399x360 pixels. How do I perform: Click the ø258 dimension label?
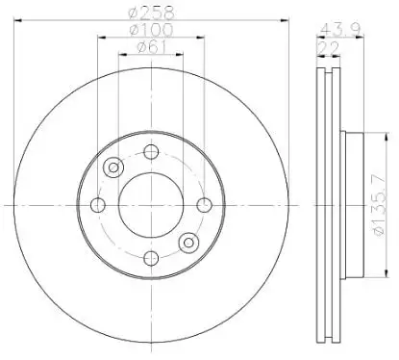pyautogui.click(x=151, y=13)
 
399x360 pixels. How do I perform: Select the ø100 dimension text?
pyautogui.click(x=151, y=30)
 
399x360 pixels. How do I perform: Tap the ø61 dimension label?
pyautogui.click(x=152, y=47)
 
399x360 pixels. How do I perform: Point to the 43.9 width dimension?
pyautogui.click(x=340, y=30)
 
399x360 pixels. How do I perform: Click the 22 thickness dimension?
pyautogui.click(x=328, y=49)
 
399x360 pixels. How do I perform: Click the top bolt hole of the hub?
pyautogui.click(x=151, y=152)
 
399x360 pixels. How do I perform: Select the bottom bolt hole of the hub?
pyautogui.click(x=151, y=258)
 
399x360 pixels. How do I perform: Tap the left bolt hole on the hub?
pyautogui.click(x=98, y=205)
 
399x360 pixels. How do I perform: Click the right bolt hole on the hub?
pyautogui.click(x=204, y=205)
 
